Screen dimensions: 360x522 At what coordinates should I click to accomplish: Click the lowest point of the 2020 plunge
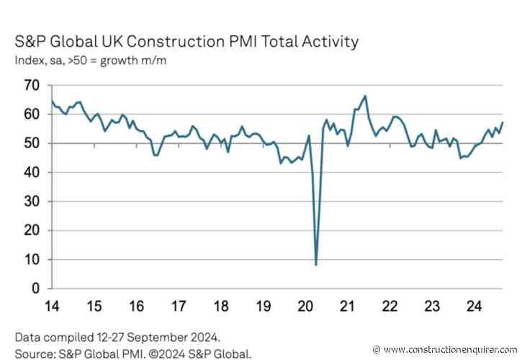[316, 265]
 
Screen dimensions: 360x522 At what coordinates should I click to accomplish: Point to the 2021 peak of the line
[366, 96]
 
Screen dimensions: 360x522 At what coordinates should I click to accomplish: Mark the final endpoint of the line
[502, 122]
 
